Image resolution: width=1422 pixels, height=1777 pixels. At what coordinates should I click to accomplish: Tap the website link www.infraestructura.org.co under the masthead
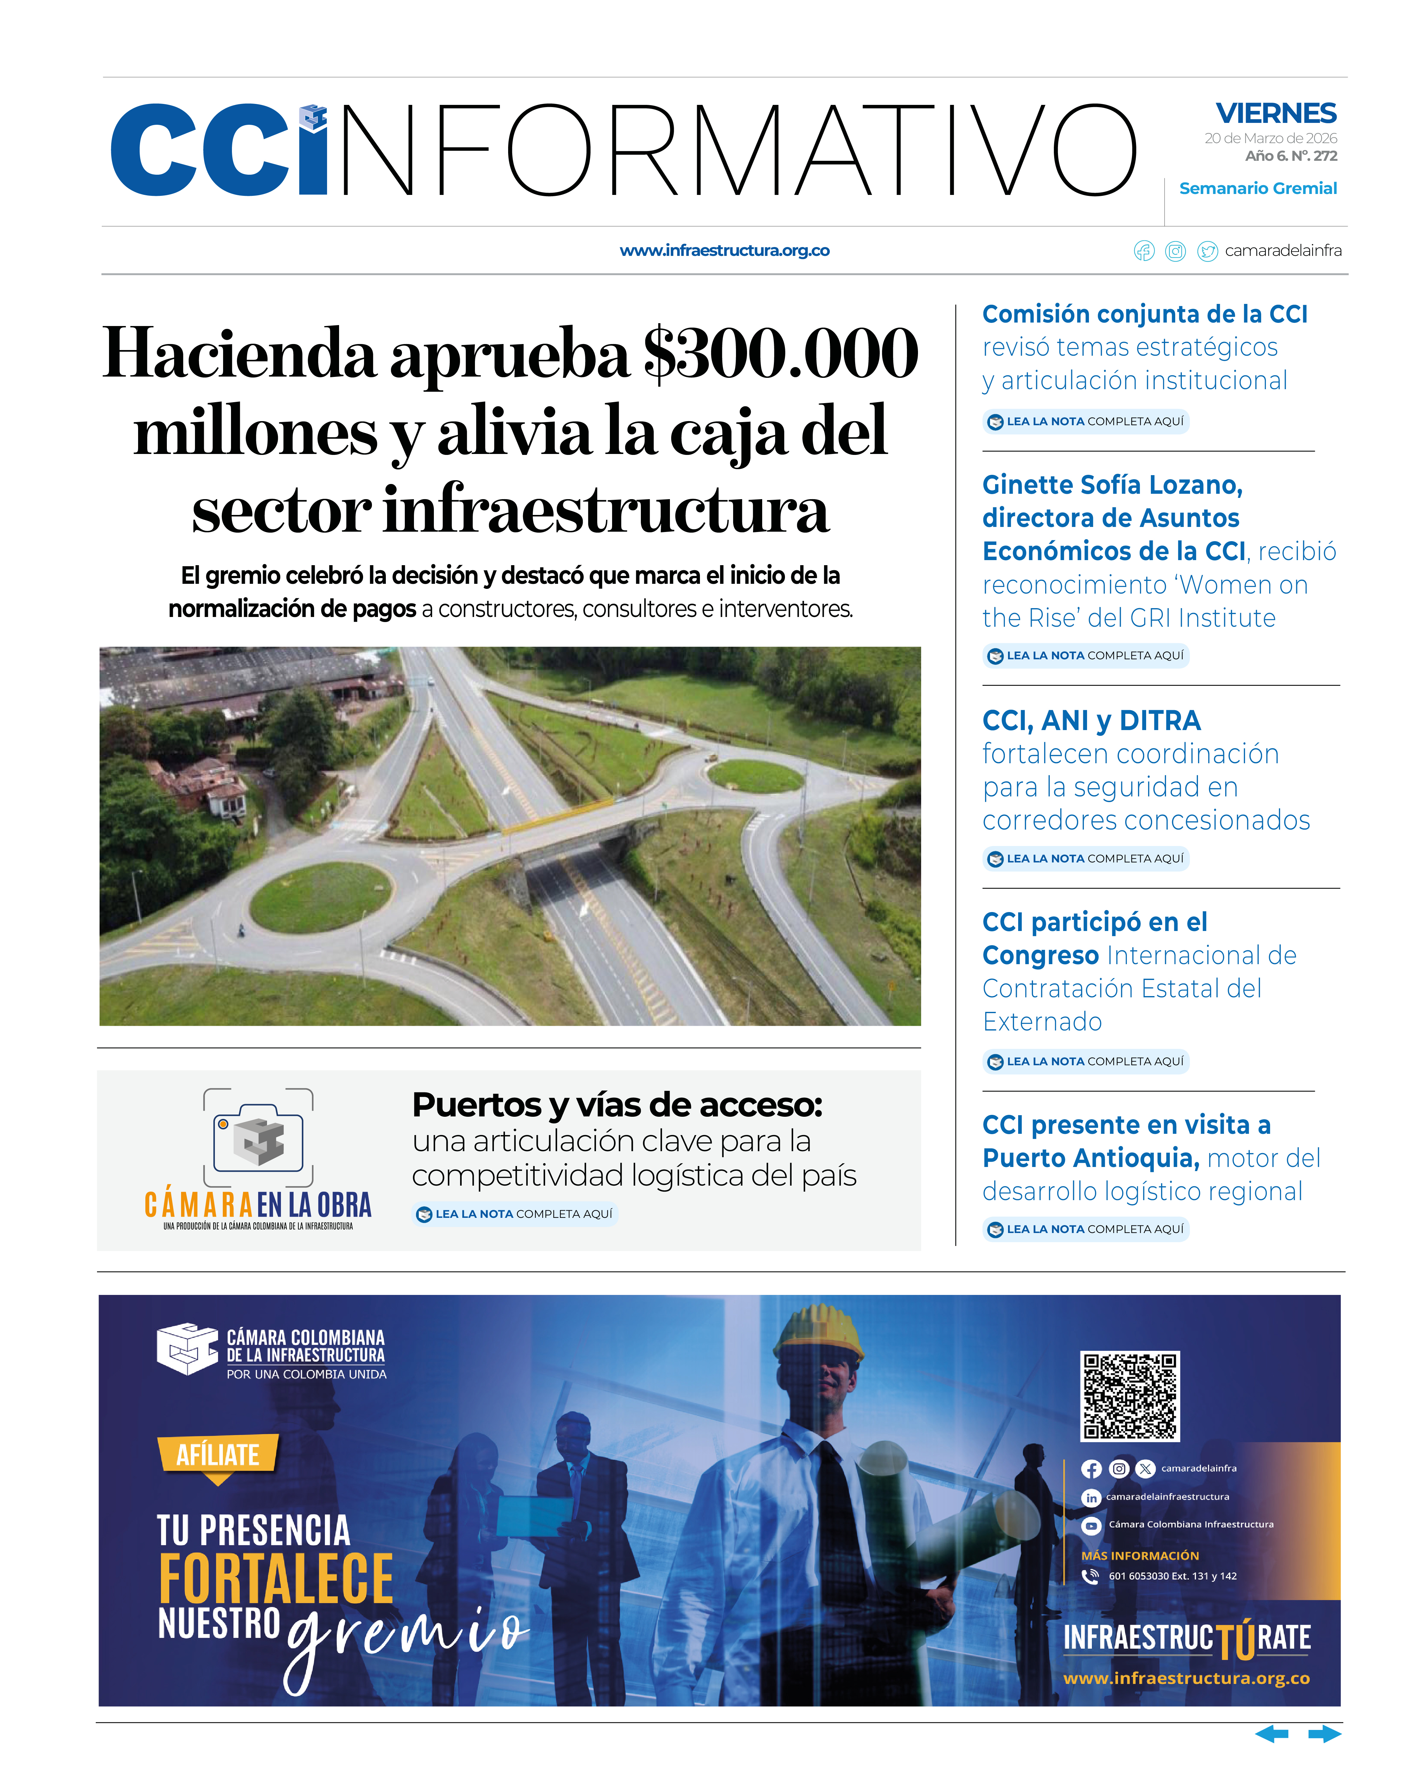pyautogui.click(x=724, y=251)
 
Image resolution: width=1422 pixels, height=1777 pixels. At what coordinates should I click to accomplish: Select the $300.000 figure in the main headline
pyautogui.click(x=780, y=354)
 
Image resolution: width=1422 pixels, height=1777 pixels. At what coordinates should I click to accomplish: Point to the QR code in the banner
pyautogui.click(x=1129, y=1395)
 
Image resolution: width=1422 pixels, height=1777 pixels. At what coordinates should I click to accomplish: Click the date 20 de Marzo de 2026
pyautogui.click(x=1270, y=138)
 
